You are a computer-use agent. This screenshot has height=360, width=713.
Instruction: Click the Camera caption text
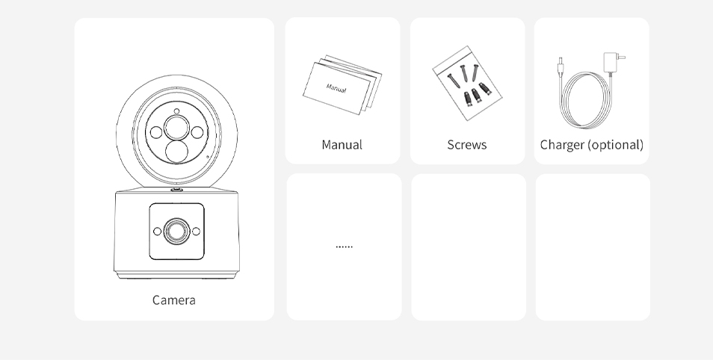pyautogui.click(x=173, y=300)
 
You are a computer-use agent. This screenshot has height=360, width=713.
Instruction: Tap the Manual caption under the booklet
pyautogui.click(x=342, y=145)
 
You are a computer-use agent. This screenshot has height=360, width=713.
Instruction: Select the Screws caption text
pyautogui.click(x=467, y=145)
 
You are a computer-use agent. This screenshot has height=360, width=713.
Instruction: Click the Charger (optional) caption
pyautogui.click(x=592, y=145)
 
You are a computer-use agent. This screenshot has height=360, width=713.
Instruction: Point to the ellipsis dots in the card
pyautogui.click(x=345, y=246)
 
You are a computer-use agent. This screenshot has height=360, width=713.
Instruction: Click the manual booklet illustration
pyautogui.click(x=342, y=85)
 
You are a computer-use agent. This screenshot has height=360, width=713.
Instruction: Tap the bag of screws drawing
pyautogui.click(x=467, y=83)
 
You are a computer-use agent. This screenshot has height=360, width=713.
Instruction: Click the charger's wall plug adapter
pyautogui.click(x=612, y=62)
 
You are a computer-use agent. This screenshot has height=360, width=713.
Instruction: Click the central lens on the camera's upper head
pyautogui.click(x=177, y=127)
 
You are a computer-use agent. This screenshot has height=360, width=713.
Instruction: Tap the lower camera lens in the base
pyautogui.click(x=177, y=231)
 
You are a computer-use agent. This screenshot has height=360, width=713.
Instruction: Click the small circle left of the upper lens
pyautogui.click(x=156, y=132)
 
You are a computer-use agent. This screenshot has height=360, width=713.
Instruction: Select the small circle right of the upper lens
pyautogui.click(x=197, y=132)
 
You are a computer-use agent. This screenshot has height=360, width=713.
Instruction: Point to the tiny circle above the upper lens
pyautogui.click(x=176, y=111)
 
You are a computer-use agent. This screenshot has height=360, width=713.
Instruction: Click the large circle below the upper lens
pyautogui.click(x=177, y=152)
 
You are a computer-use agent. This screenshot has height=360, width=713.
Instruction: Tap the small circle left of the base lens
pyautogui.click(x=158, y=232)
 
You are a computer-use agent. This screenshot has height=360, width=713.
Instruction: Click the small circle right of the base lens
pyautogui.click(x=196, y=232)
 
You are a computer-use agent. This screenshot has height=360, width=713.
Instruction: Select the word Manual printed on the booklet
pyautogui.click(x=336, y=88)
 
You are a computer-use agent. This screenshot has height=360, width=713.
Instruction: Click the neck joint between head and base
pyautogui.click(x=177, y=190)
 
